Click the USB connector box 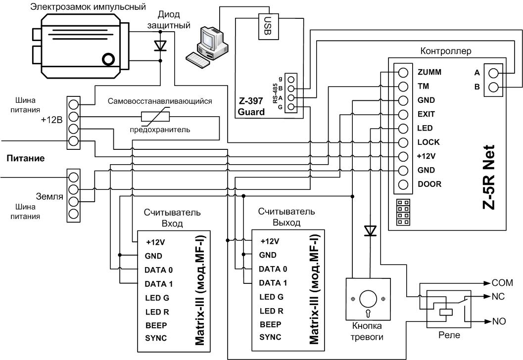point(268,27)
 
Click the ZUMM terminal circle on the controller point(403,73)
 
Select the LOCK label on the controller point(428,142)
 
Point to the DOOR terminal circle point(403,184)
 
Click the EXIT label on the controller point(426,114)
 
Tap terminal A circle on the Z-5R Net point(493,73)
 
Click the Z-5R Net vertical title point(489,177)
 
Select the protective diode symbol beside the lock point(160,45)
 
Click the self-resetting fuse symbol point(155,116)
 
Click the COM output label point(502,283)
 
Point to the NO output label point(499,321)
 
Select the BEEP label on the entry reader point(156,325)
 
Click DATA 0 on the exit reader point(273,269)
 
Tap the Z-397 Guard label point(251,106)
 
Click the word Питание point(26,158)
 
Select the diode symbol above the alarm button point(370,230)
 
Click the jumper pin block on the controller point(403,212)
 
